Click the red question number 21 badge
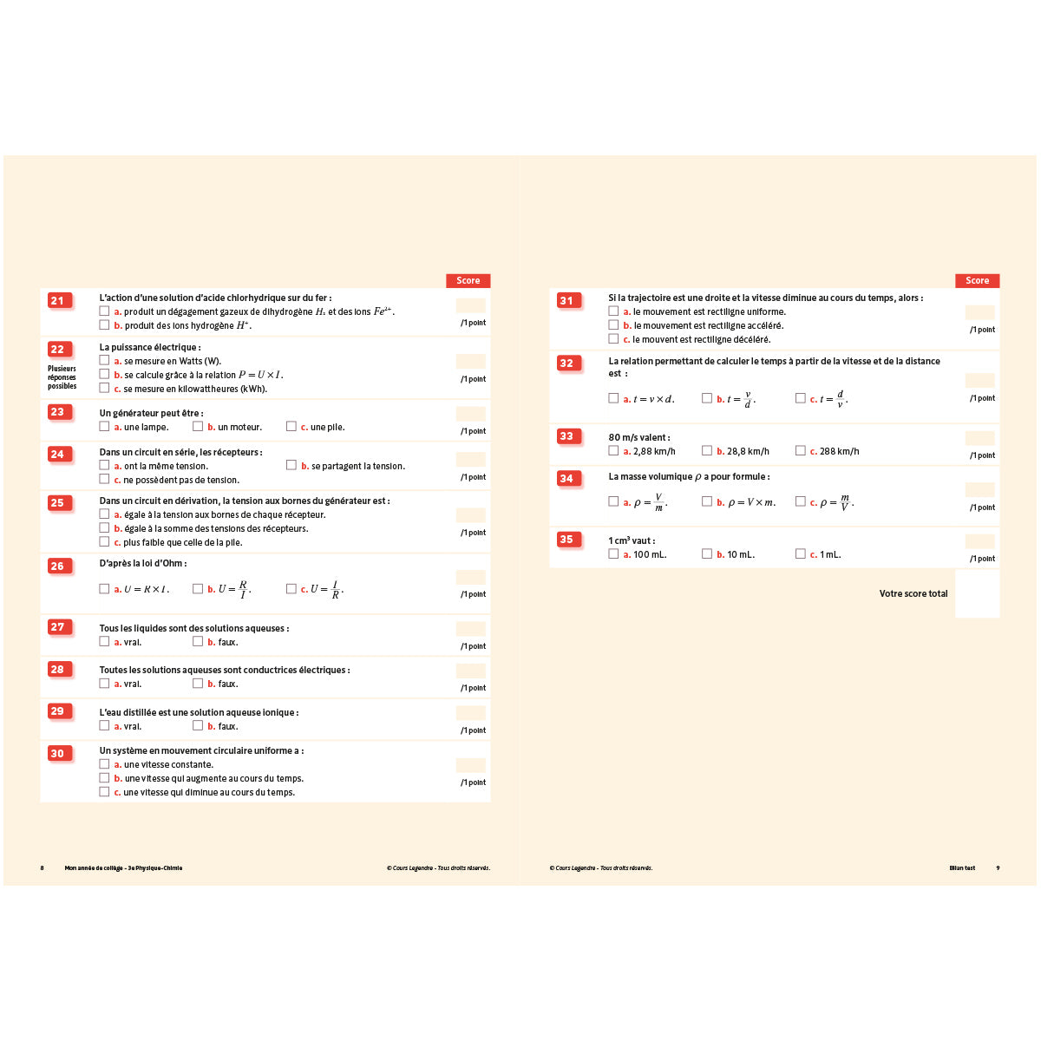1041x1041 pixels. [x=58, y=301]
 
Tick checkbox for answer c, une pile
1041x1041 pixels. [x=291, y=426]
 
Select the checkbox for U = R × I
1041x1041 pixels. [x=104, y=589]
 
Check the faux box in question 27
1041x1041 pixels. [x=198, y=641]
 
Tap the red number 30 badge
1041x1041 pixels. [x=58, y=753]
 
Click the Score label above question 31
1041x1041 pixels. [x=977, y=280]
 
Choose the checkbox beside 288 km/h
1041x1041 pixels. [x=800, y=450]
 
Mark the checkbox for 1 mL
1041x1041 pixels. [x=800, y=553]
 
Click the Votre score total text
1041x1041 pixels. [x=913, y=593]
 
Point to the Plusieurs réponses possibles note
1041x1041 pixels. [x=62, y=377]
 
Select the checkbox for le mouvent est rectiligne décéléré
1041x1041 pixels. [x=613, y=339]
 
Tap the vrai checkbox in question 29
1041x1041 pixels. [x=104, y=725]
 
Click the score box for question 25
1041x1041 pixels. [x=470, y=515]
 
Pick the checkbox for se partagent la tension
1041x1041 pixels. [x=291, y=465]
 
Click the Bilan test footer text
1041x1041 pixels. [x=962, y=867]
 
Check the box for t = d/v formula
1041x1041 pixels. [x=800, y=398]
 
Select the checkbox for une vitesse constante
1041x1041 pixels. [x=104, y=764]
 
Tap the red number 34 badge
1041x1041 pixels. [x=567, y=478]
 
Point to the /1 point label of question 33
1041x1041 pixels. [x=982, y=455]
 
